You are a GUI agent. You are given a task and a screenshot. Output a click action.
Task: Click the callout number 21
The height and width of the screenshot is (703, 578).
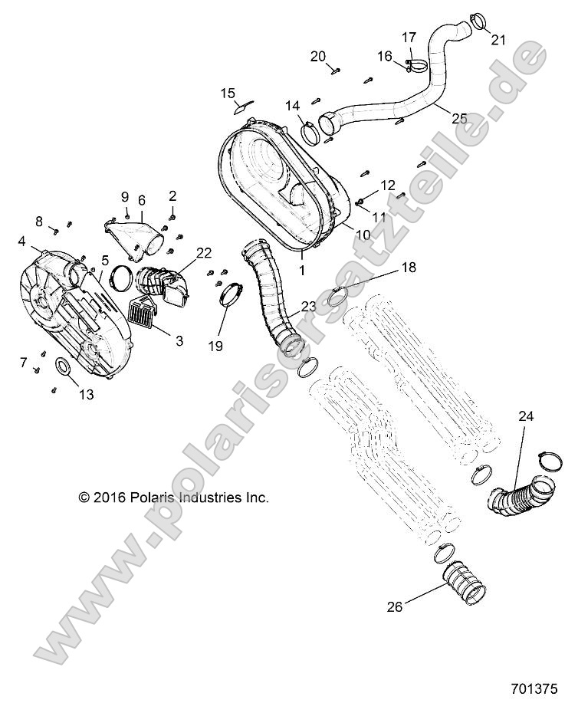coord(498,40)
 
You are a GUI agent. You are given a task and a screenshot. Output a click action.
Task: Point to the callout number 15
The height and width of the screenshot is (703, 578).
coord(228,94)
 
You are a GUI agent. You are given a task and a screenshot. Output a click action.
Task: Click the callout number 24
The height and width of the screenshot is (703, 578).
coord(527,416)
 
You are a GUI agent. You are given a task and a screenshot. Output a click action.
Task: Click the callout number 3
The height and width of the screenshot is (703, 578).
coord(179,341)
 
